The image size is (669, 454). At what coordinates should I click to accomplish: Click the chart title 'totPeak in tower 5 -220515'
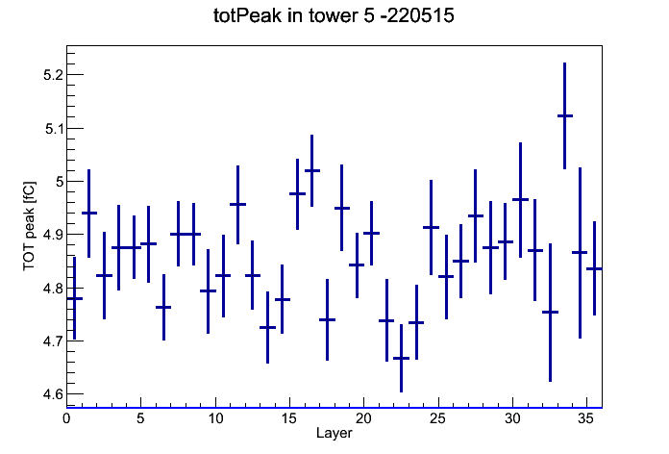pyautogui.click(x=334, y=15)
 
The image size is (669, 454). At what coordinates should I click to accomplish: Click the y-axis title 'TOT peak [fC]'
pyautogui.click(x=30, y=226)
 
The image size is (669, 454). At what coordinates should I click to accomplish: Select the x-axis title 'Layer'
pyautogui.click(x=334, y=433)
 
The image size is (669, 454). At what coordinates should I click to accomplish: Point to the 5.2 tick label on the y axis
pyautogui.click(x=53, y=75)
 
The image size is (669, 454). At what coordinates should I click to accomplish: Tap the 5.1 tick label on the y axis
pyautogui.click(x=54, y=129)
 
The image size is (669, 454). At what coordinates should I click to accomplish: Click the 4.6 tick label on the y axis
pyautogui.click(x=53, y=394)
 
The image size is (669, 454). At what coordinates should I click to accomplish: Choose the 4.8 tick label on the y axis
pyautogui.click(x=53, y=289)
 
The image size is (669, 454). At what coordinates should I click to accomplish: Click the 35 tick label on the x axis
pyautogui.click(x=586, y=418)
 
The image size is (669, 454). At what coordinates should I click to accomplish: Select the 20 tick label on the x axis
pyautogui.click(x=363, y=418)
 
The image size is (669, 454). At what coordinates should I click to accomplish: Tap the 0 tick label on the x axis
pyautogui.click(x=66, y=418)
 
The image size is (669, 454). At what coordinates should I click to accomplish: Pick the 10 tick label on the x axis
pyautogui.click(x=215, y=418)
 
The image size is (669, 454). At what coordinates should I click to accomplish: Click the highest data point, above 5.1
pyautogui.click(x=565, y=115)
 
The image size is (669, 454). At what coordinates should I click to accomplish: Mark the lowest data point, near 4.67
pyautogui.click(x=401, y=359)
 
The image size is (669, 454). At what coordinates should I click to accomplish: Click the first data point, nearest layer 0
pyautogui.click(x=74, y=298)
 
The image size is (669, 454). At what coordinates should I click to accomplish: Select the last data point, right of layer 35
pyautogui.click(x=594, y=268)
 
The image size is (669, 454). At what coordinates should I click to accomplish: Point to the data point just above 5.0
pyautogui.click(x=311, y=170)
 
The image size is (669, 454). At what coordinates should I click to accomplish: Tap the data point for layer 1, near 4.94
pyautogui.click(x=89, y=213)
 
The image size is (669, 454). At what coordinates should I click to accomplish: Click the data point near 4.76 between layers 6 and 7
pyautogui.click(x=163, y=307)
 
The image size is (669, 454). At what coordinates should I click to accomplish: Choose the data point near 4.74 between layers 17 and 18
pyautogui.click(x=327, y=319)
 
